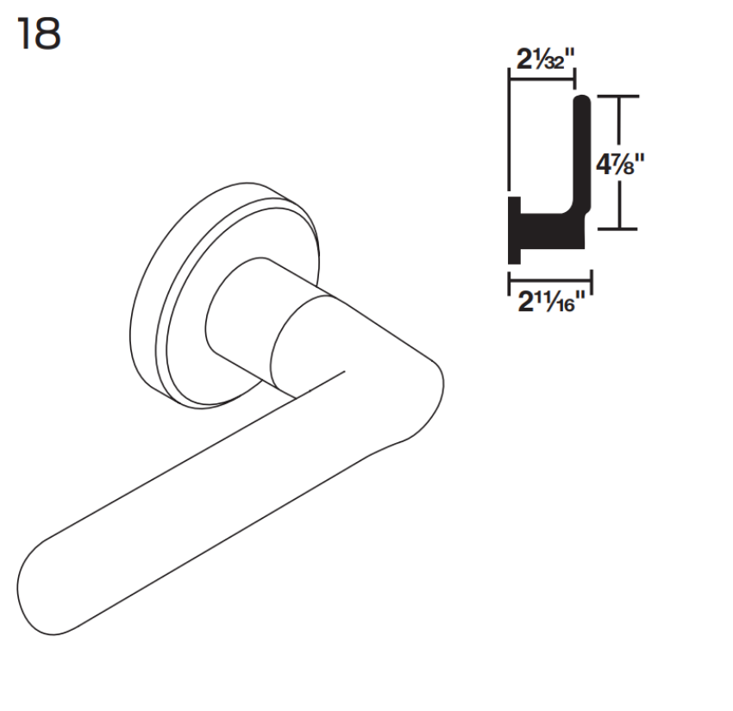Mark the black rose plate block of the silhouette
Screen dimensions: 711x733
click(515, 230)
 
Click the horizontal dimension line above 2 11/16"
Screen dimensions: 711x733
click(549, 278)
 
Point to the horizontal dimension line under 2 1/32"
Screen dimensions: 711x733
click(542, 80)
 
